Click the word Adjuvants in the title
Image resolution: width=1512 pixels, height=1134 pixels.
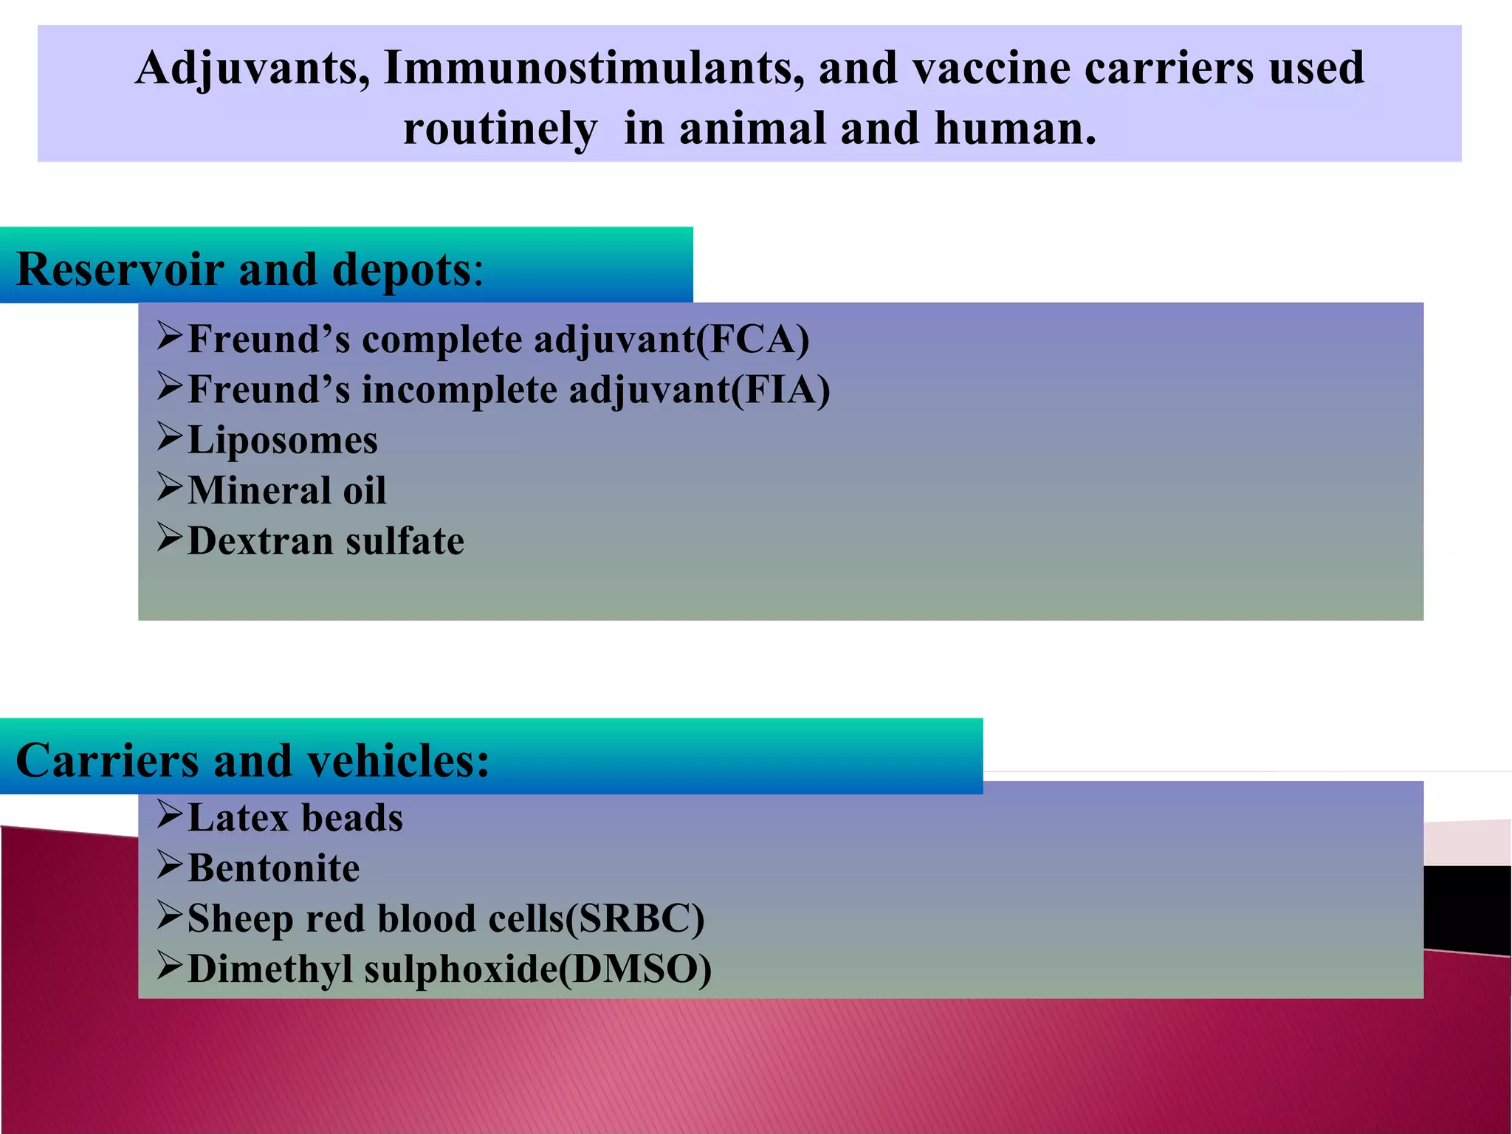pyautogui.click(x=252, y=69)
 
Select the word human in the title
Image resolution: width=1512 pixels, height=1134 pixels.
pyautogui.click(x=1015, y=129)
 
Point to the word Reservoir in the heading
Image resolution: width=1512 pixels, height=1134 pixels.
pyautogui.click(x=120, y=269)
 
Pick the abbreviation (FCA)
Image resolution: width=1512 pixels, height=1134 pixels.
pyautogui.click(x=753, y=340)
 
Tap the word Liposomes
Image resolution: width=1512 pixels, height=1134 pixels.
pyautogui.click(x=283, y=441)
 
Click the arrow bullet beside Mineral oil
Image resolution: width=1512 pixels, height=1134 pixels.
pyautogui.click(x=169, y=488)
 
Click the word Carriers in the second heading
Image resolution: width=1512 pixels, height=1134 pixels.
pyautogui.click(x=107, y=760)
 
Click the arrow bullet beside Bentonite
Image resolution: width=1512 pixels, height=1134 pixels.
pyautogui.click(x=169, y=865)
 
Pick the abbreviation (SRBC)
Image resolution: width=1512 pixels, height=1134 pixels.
pyautogui.click(x=634, y=919)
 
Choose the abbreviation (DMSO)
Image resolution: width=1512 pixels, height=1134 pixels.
pyautogui.click(x=635, y=969)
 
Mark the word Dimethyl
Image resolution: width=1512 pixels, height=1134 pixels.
pyautogui.click(x=269, y=969)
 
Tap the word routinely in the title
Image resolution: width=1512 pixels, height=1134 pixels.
pyautogui.click(x=500, y=129)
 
